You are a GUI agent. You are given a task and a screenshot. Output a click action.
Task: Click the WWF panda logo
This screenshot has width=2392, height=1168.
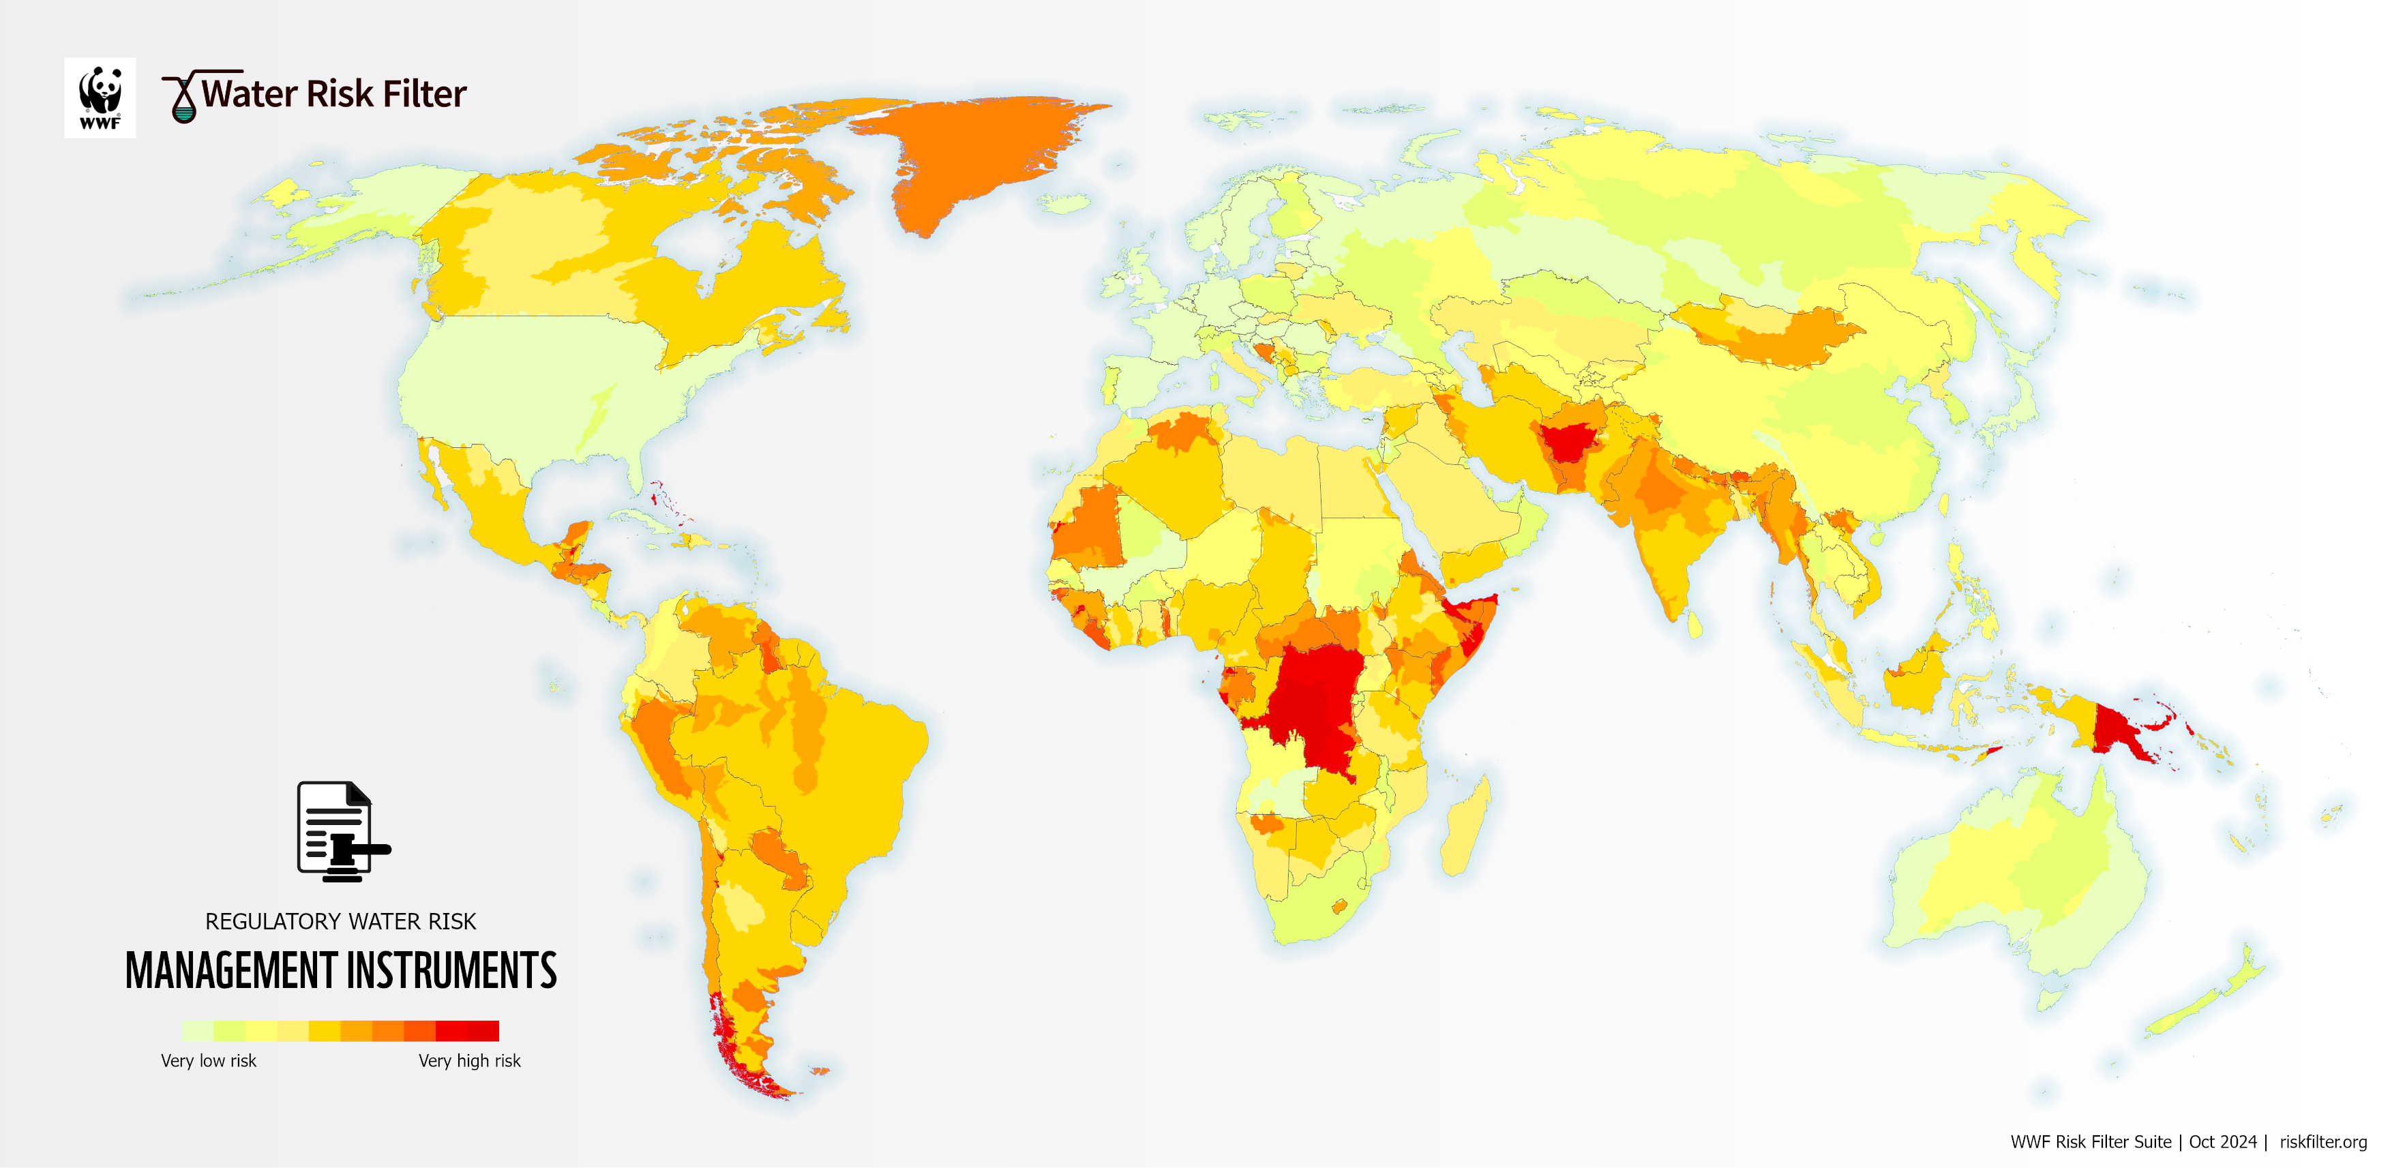pyautogui.click(x=100, y=98)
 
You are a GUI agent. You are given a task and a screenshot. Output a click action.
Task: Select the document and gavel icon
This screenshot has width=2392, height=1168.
pyautogui.click(x=341, y=831)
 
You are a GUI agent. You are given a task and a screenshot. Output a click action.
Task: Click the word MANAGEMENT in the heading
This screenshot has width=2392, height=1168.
pyautogui.click(x=231, y=971)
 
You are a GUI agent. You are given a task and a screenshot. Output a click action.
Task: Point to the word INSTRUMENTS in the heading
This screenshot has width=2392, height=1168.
pyautogui.click(x=451, y=971)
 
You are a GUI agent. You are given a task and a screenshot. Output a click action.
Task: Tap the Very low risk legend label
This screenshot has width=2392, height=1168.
pyautogui.click(x=208, y=1060)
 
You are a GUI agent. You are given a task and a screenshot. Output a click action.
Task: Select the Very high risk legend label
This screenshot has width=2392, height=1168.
pyautogui.click(x=469, y=1060)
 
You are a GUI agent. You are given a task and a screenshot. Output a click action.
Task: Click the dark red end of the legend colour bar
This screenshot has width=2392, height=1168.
pyautogui.click(x=483, y=1030)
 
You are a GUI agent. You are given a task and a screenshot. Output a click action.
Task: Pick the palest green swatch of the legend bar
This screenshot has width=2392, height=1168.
pyautogui.click(x=197, y=1030)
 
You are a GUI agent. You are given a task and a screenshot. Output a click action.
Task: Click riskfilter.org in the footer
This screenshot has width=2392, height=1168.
pyautogui.click(x=2322, y=1142)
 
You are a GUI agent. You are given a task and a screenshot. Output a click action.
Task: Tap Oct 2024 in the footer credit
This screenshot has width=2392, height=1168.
pyautogui.click(x=2222, y=1142)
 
